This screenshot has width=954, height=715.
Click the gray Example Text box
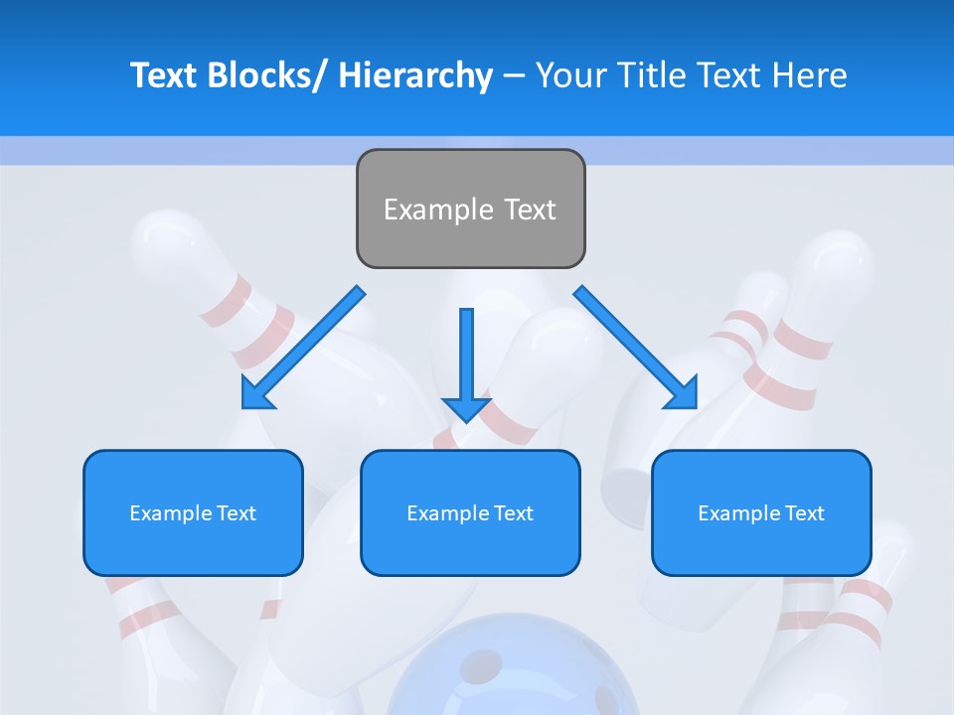click(470, 209)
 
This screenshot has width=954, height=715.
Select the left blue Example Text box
click(193, 512)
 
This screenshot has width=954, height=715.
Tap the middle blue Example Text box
click(470, 512)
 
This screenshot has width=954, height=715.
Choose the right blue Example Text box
click(761, 512)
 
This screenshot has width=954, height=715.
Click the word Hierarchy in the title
click(415, 75)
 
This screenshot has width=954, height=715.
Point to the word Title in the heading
click(649, 75)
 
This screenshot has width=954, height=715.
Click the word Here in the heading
click(810, 75)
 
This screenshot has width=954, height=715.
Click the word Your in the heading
click(571, 75)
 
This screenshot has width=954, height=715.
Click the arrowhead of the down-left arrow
click(256, 394)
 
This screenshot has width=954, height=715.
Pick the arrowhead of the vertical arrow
click(466, 407)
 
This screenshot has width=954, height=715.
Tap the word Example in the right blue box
click(733, 513)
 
